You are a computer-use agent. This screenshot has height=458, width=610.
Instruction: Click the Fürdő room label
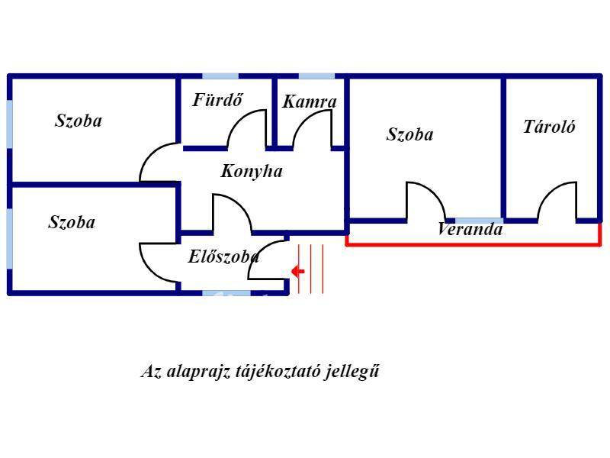tap(218, 100)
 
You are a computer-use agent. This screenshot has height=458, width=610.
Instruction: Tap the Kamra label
tap(310, 102)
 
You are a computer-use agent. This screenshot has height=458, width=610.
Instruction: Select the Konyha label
tap(252, 171)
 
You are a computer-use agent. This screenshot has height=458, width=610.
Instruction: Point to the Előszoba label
tap(223, 256)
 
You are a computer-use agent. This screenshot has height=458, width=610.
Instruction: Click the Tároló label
tap(549, 127)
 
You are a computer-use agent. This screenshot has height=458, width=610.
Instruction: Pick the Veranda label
tap(470, 228)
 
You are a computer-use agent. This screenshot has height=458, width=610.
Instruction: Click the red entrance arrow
tap(298, 271)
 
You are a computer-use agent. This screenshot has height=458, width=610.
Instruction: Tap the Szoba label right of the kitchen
tap(409, 134)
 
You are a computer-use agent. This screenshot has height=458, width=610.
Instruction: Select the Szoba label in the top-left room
tap(79, 121)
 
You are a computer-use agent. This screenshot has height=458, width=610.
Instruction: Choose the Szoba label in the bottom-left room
tap(72, 222)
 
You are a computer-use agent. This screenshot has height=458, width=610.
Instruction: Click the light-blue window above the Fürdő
tap(220, 76)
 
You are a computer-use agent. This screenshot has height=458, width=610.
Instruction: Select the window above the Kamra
tap(316, 76)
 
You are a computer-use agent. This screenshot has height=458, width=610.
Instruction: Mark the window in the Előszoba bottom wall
tap(226, 293)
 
